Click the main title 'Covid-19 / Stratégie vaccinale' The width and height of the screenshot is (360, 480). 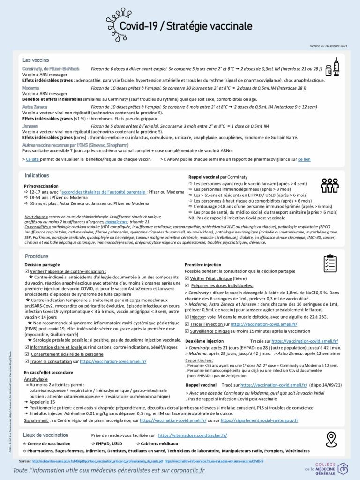(x=186, y=26)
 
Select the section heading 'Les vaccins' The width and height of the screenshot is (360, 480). (x=36, y=60)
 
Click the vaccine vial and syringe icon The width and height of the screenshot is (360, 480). (x=332, y=67)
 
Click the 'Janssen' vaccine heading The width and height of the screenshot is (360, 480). (x=30, y=126)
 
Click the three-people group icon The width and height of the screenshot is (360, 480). (x=330, y=186)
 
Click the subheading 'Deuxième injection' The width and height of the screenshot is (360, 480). (x=204, y=341)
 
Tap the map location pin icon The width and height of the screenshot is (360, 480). (x=332, y=439)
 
